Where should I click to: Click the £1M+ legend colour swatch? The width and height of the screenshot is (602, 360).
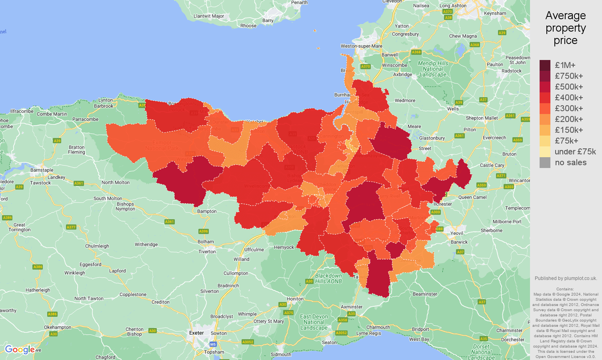click(545, 65)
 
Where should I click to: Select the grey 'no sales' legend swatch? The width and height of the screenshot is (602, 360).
click(545, 162)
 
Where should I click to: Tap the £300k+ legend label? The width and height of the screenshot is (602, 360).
click(569, 108)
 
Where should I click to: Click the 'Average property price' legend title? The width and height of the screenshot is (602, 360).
click(565, 28)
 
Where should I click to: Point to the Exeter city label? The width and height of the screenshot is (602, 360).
click(196, 333)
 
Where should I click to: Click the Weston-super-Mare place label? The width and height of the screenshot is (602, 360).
click(361, 46)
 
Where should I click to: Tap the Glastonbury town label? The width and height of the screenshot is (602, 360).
click(432, 138)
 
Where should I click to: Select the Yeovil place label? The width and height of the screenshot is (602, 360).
click(457, 233)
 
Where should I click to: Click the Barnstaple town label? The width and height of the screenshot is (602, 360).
click(42, 170)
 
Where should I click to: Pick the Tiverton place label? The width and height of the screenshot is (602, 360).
click(207, 252)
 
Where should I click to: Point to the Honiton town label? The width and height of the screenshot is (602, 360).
click(295, 299)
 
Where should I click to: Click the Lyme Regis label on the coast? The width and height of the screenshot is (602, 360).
click(368, 333)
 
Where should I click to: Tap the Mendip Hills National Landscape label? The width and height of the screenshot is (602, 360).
click(433, 69)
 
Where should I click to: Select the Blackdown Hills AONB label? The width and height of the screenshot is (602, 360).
click(328, 278)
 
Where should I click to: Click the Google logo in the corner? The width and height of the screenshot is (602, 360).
click(20, 350)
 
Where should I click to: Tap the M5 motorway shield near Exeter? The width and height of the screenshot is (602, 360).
click(213, 344)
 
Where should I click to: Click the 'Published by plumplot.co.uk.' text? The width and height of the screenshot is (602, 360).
click(566, 278)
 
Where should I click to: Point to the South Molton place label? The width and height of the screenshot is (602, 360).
click(108, 198)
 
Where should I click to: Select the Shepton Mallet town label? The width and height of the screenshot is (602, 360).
click(482, 118)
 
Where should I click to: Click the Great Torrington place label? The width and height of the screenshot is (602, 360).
click(19, 227)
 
